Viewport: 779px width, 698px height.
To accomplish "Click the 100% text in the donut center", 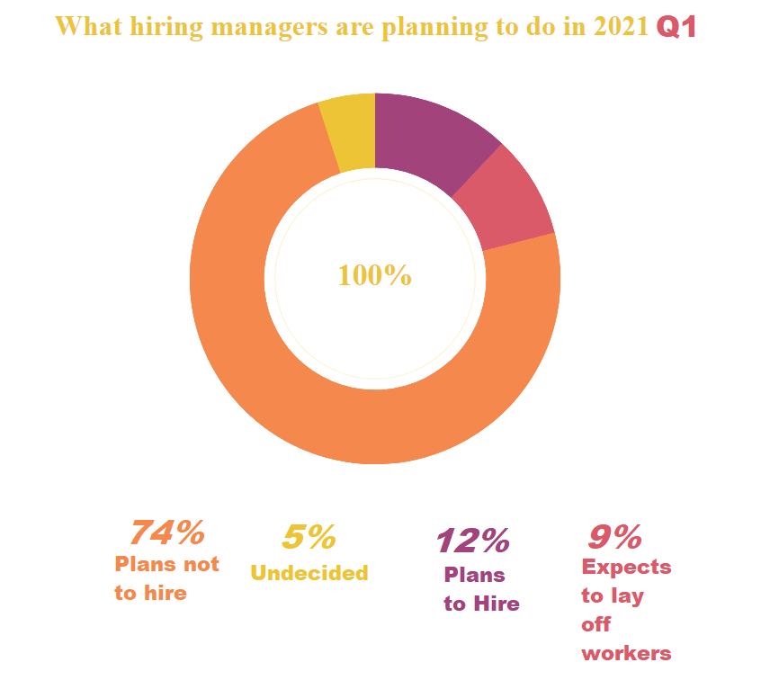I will (374, 275).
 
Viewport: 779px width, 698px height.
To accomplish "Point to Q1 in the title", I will (676, 27).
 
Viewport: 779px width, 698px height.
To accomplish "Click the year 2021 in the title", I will (620, 27).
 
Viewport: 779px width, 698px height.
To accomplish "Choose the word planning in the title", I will (435, 27).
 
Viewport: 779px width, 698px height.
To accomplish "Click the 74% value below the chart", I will (167, 532).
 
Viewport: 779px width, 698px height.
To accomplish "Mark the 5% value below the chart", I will (309, 537).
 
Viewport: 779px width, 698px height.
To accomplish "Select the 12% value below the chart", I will (472, 541).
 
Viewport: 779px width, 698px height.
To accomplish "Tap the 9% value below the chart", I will (614, 537).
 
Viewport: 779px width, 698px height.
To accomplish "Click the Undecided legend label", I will (309, 573).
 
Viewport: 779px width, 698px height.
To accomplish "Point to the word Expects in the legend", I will (626, 568).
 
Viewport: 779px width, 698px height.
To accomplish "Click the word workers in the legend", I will (626, 654).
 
